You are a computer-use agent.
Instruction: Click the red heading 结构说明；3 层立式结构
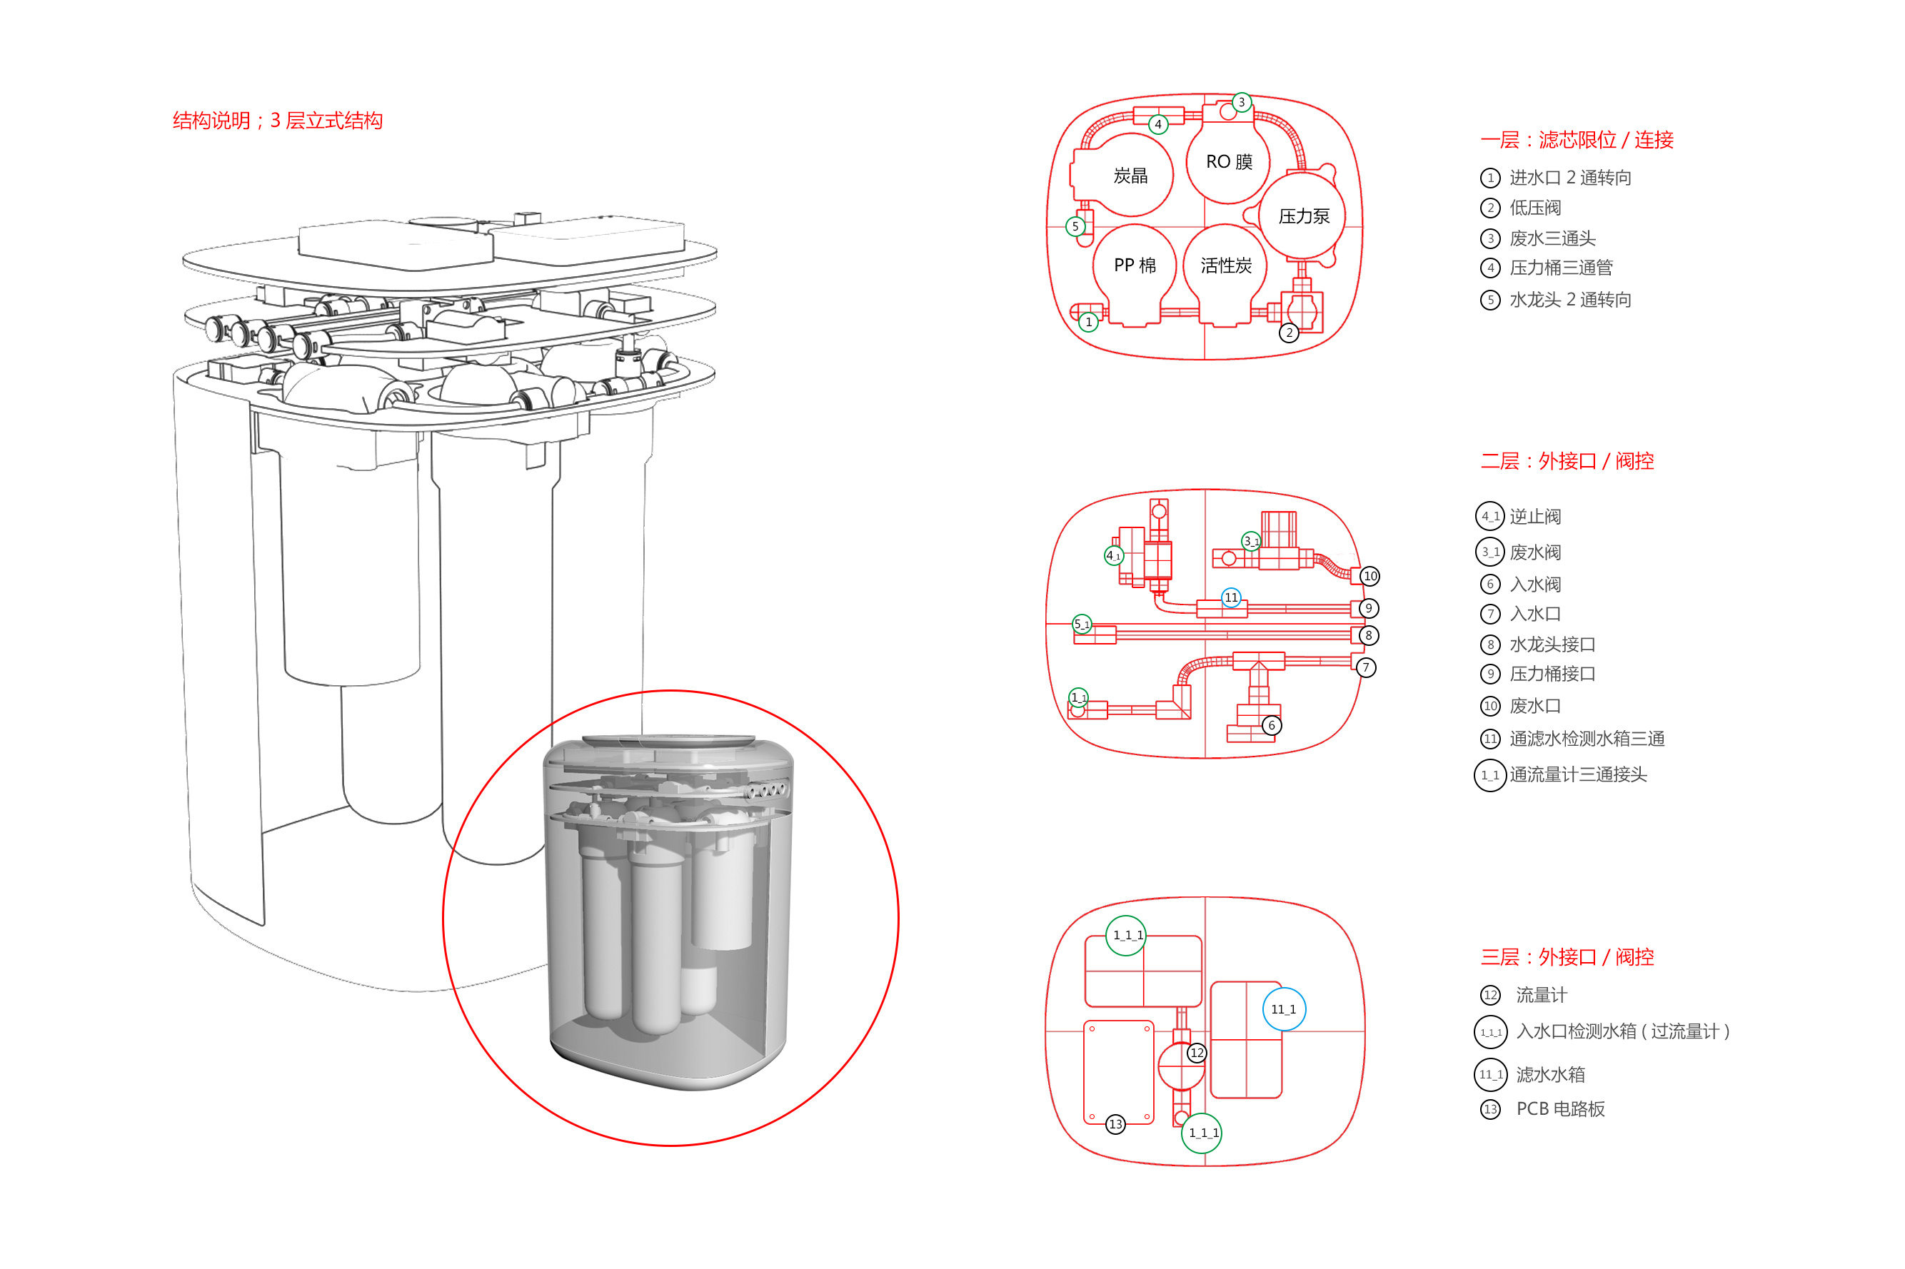[277, 121]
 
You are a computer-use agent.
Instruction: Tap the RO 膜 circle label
[1228, 162]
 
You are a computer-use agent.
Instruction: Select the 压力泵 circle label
[1302, 216]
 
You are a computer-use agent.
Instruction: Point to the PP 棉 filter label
[1135, 266]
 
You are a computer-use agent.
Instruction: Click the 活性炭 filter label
[1225, 266]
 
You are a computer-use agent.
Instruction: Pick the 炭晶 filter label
[1130, 176]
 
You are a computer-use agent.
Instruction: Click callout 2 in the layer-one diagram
[1289, 333]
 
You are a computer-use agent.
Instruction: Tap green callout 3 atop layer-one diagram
[1241, 103]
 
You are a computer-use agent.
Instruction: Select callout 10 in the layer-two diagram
[1369, 576]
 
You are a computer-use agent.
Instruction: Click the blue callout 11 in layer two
[1230, 597]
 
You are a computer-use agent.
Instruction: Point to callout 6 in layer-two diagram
[1271, 725]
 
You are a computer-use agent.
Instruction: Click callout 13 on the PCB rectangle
[1115, 1124]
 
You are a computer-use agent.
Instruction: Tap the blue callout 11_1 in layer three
[1283, 1009]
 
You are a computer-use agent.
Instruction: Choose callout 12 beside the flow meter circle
[1197, 1053]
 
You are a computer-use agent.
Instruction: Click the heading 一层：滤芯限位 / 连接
[1576, 140]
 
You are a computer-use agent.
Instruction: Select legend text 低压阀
[1534, 208]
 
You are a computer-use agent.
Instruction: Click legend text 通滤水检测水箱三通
[1586, 739]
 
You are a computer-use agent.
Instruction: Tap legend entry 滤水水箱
[1549, 1075]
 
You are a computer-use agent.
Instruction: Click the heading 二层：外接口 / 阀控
[1566, 461]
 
